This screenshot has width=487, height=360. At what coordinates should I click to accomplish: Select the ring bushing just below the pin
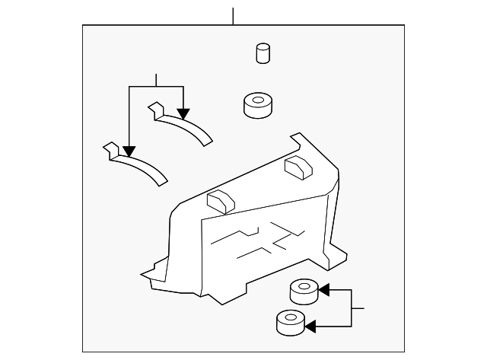click(257, 106)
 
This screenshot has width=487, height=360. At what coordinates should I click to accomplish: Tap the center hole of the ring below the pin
click(257, 99)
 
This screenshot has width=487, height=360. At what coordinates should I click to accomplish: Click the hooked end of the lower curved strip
click(111, 149)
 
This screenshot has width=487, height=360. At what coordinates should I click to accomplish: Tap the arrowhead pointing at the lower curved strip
click(130, 151)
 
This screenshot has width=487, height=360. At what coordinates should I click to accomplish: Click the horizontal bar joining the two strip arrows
click(156, 87)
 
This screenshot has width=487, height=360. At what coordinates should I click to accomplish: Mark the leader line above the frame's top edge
click(234, 15)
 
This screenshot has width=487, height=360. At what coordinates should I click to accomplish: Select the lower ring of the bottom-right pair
click(290, 323)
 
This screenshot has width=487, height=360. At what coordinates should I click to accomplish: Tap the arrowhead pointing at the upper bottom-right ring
click(323, 289)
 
